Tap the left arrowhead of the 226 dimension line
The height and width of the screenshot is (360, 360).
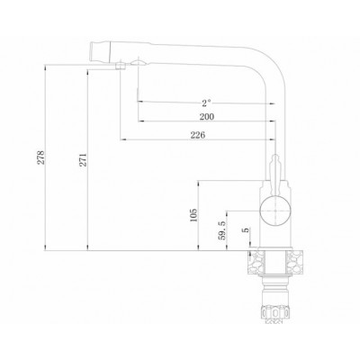121,140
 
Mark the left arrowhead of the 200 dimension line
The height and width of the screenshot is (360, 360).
139,121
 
